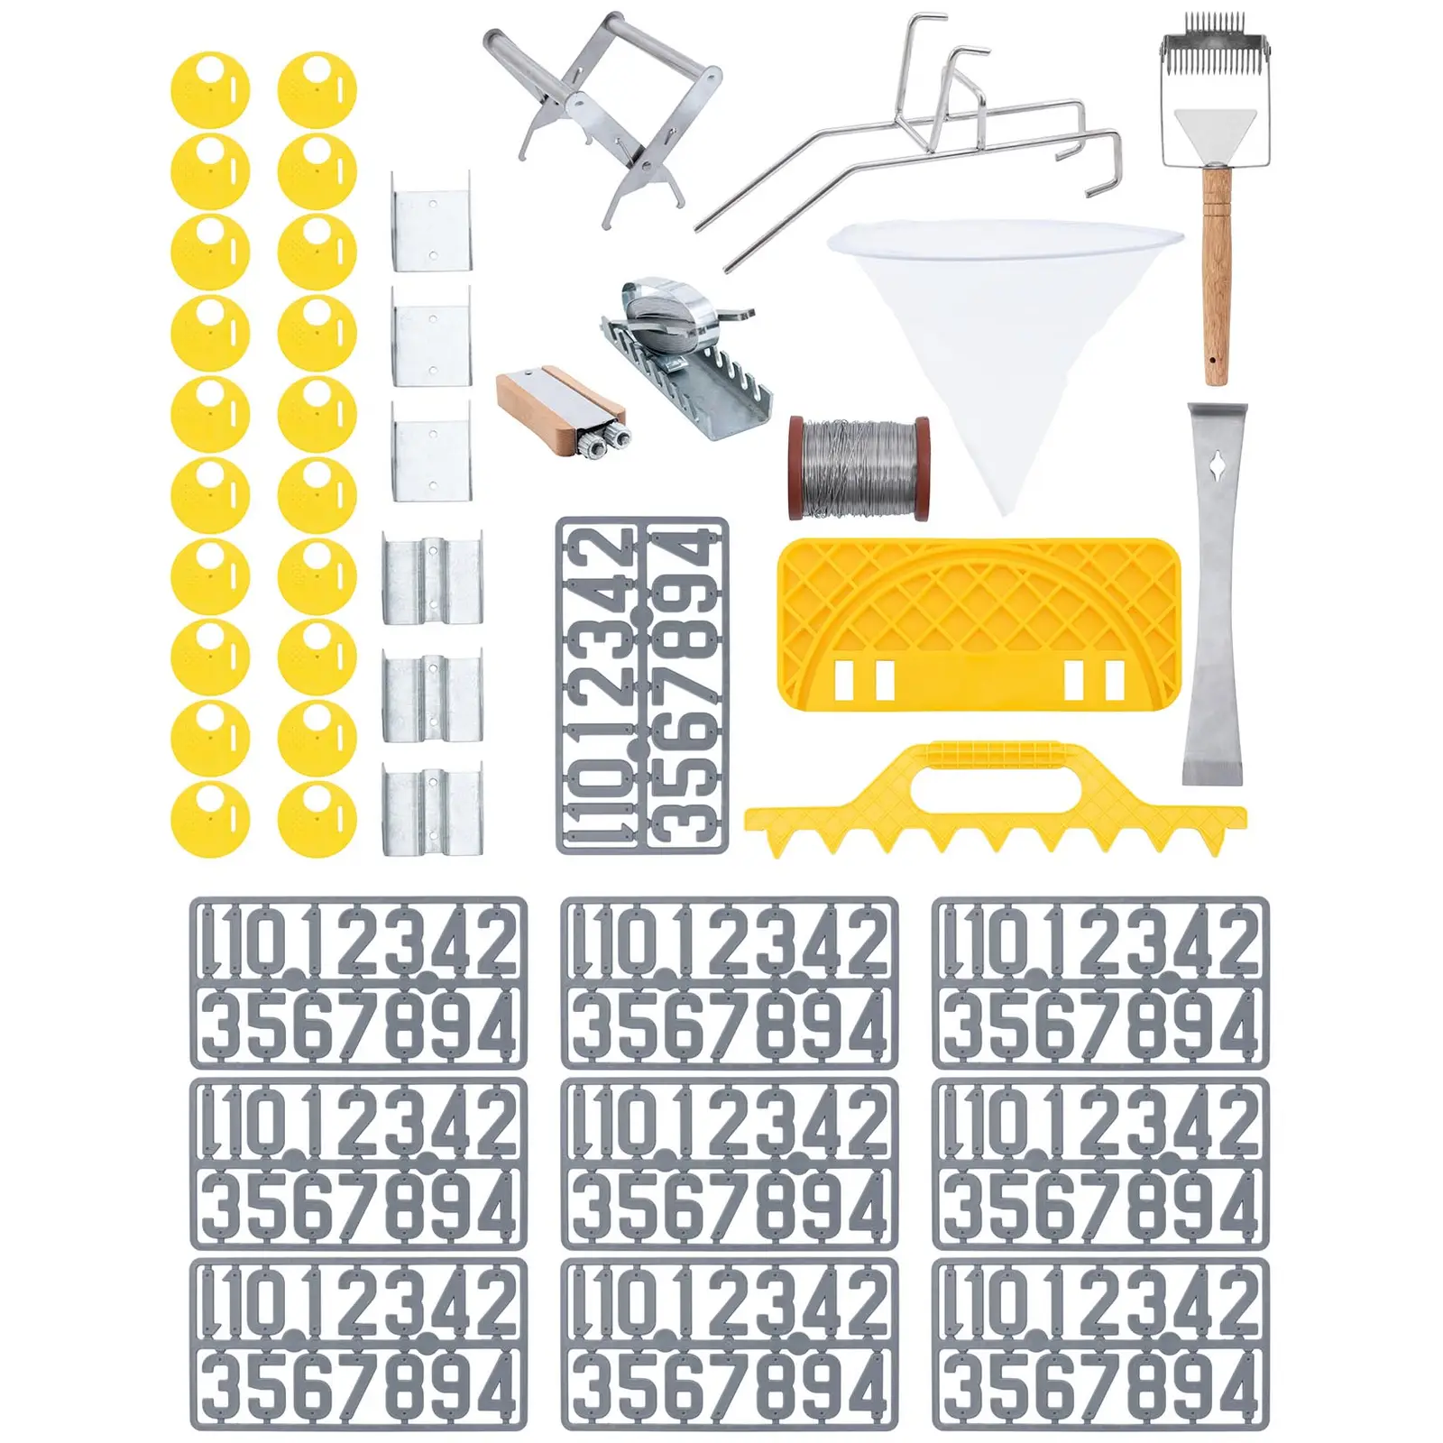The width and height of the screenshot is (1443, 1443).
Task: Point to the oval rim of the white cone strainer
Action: point(1005,238)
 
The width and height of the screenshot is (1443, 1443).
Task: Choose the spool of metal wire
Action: point(859,468)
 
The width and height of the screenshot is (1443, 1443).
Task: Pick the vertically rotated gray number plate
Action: point(642,685)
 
